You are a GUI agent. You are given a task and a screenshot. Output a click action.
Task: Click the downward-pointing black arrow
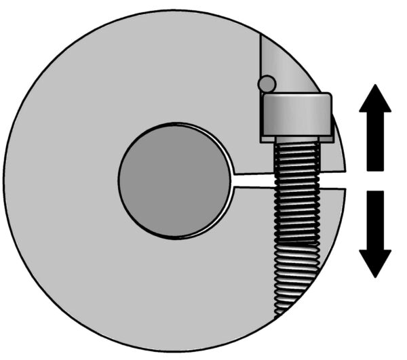(x=374, y=234)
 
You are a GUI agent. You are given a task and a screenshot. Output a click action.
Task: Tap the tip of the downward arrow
(x=374, y=276)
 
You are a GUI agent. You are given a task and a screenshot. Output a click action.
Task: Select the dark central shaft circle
(x=174, y=180)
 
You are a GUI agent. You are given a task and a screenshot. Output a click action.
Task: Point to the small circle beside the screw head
(x=266, y=83)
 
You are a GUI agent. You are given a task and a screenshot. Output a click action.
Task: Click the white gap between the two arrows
(x=374, y=180)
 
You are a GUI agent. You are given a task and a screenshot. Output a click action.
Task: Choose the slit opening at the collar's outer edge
(x=342, y=180)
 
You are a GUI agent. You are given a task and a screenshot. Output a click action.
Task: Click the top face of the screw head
(x=297, y=96)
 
